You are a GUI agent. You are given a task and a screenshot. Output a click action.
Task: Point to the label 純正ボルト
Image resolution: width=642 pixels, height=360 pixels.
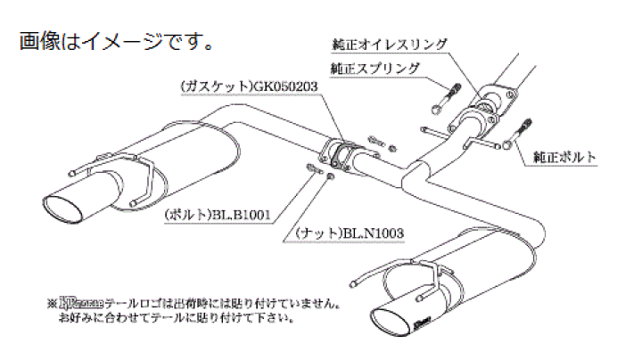(x=563, y=158)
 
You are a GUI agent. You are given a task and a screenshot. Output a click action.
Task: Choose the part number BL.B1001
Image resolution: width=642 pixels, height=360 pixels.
(x=240, y=214)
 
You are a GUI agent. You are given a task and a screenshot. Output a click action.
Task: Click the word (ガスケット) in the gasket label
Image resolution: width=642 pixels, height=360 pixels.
(x=207, y=88)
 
